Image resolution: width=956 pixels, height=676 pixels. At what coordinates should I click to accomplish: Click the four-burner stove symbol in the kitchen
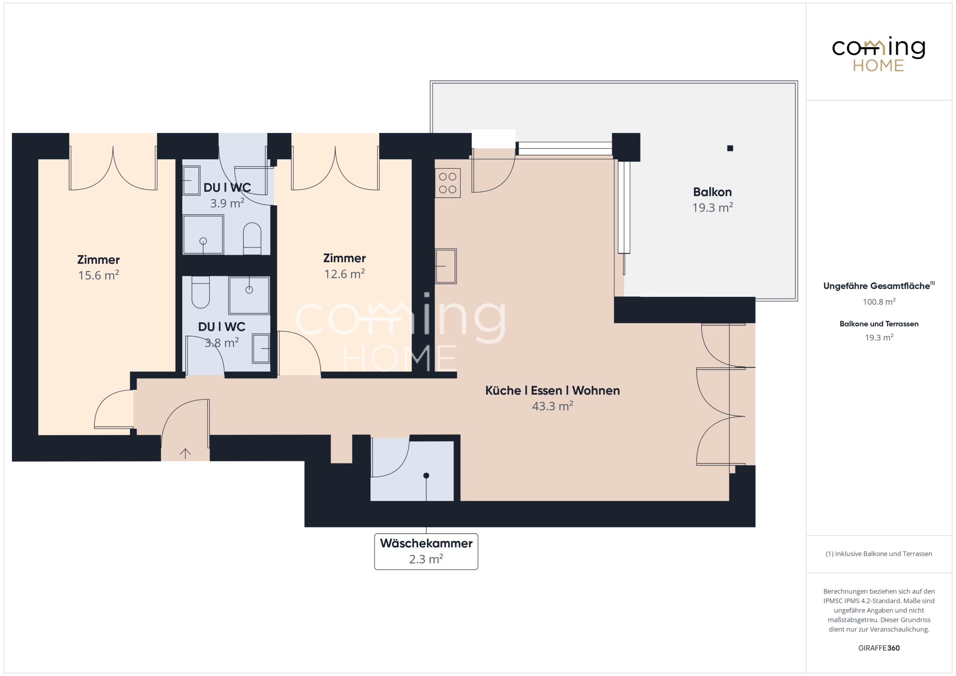[x=448, y=183]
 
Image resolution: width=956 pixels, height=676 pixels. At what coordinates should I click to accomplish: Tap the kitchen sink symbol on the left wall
[x=446, y=266]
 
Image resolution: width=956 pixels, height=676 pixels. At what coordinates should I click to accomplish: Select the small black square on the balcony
[x=730, y=148]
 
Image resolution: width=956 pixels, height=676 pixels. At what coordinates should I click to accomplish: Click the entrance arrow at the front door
[x=185, y=453]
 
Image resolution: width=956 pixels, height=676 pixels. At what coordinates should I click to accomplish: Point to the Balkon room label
[x=713, y=192]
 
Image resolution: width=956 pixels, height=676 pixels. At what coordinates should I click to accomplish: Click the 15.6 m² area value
[x=99, y=275]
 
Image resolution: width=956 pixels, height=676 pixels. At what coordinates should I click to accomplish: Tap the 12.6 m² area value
[x=344, y=274]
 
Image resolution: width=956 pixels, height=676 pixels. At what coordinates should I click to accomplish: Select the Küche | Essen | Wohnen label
[x=553, y=390]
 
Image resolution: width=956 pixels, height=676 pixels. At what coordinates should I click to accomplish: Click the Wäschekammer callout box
[x=426, y=552]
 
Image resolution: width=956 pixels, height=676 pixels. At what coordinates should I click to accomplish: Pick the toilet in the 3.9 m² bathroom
[x=252, y=239]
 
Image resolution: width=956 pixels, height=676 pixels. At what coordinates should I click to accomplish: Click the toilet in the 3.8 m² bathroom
[x=200, y=292]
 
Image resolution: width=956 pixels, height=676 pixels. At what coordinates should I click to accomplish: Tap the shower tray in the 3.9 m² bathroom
[x=203, y=234]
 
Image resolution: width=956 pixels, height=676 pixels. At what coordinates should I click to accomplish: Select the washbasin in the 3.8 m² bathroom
[x=261, y=348]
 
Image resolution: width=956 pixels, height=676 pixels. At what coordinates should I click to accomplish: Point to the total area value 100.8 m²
[x=879, y=301]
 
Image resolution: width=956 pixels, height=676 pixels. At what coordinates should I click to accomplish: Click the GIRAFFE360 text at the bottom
[x=879, y=648]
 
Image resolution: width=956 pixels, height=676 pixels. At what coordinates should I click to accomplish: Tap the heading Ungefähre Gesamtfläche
[x=876, y=286]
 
